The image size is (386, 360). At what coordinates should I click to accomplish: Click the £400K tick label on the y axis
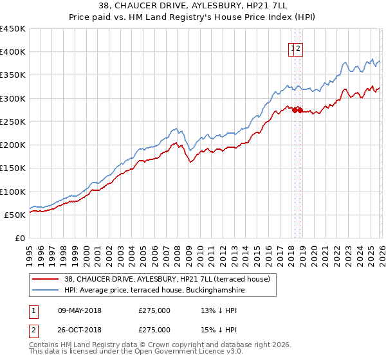pyautogui.click(x=12, y=52)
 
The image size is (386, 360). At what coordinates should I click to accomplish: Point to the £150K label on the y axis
pyautogui.click(x=12, y=168)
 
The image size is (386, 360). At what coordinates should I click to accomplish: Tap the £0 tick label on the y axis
pyautogui.click(x=20, y=239)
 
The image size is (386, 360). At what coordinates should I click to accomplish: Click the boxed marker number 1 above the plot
pyautogui.click(x=293, y=48)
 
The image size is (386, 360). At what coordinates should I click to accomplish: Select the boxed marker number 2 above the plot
pyautogui.click(x=299, y=48)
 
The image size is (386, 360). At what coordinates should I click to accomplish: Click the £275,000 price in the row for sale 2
pyautogui.click(x=154, y=330)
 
